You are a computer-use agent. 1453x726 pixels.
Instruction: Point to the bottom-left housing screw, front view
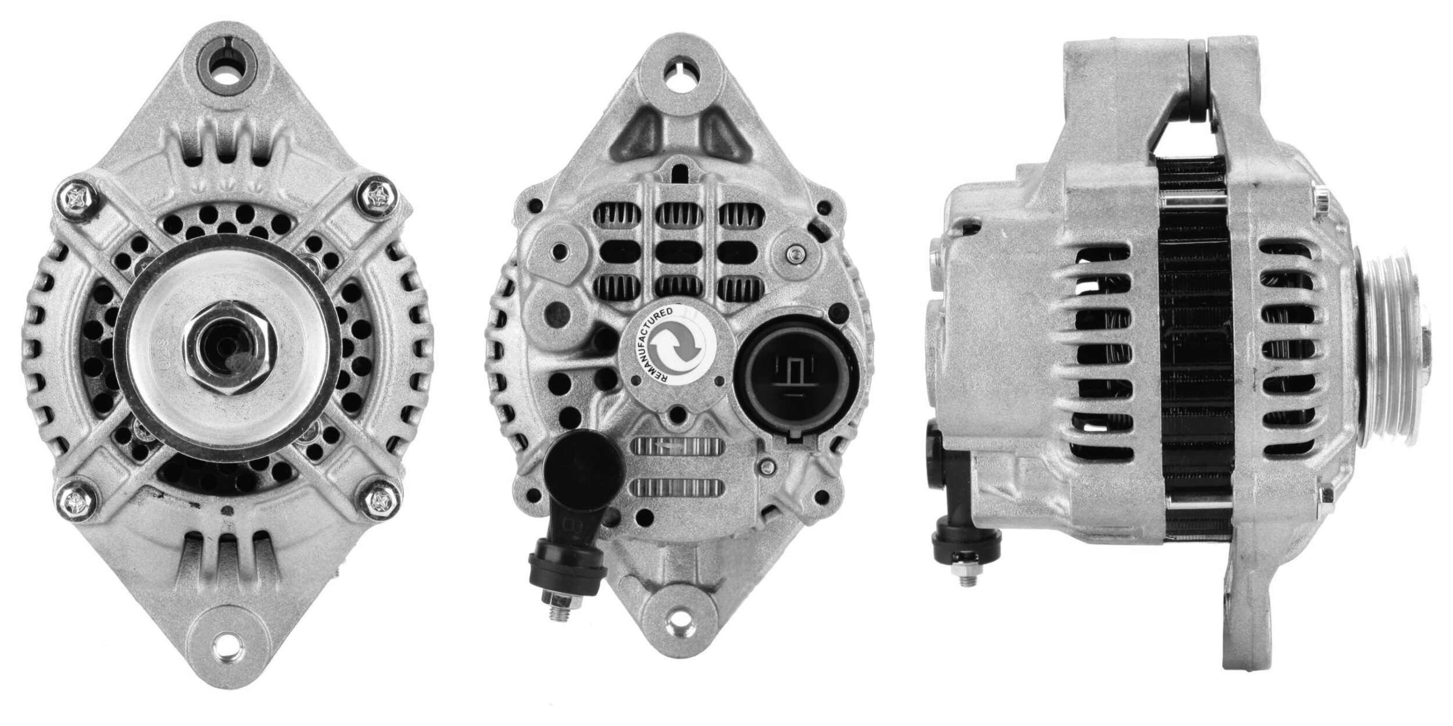76,497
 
